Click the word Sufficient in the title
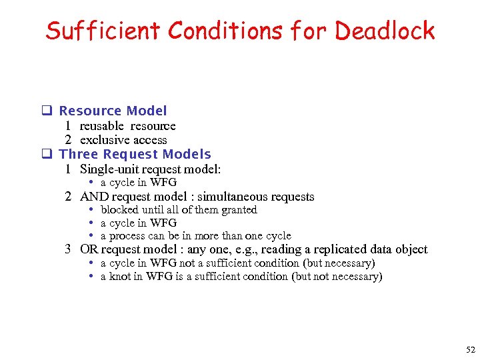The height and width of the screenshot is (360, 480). tap(103, 31)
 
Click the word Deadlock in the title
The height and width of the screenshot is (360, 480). tap(385, 31)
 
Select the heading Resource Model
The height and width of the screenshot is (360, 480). tap(113, 111)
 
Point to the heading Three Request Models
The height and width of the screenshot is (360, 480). tap(135, 155)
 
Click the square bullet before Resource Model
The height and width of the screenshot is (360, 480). tap(47, 111)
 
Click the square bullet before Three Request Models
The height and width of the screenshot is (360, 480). tap(47, 155)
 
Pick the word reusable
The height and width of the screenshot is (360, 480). tap(102, 126)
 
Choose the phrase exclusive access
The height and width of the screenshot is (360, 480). tap(123, 140)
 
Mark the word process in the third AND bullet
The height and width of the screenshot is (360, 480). tap(127, 236)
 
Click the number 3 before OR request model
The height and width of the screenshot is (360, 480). tap(68, 249)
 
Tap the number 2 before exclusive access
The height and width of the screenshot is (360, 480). tap(68, 140)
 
